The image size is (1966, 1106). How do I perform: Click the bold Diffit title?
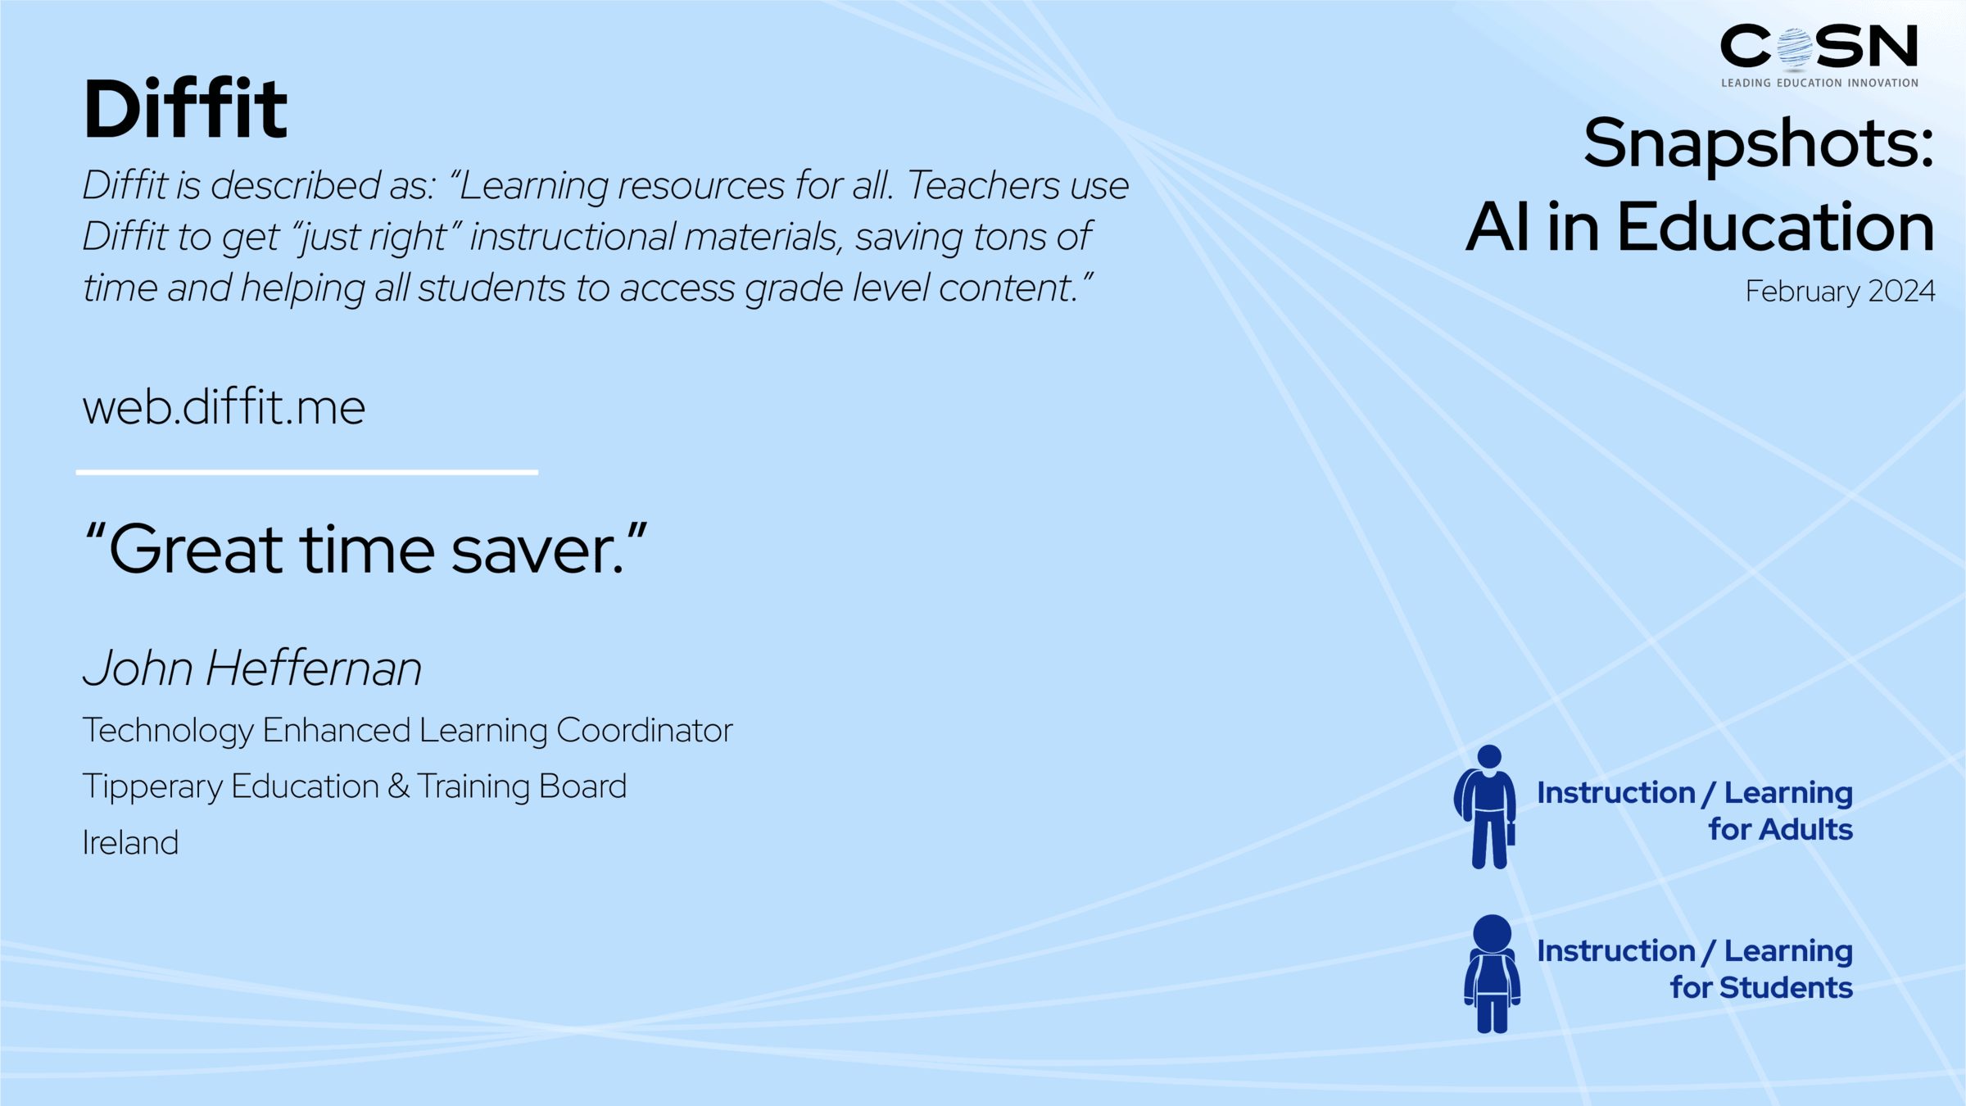coord(185,109)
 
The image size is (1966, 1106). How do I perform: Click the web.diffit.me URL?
coord(224,407)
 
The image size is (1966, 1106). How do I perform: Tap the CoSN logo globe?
coord(1795,48)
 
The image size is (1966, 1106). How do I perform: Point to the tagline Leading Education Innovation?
coord(1819,83)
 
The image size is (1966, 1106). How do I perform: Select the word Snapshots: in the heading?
coord(1758,143)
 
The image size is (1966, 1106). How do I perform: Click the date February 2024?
coord(1840,291)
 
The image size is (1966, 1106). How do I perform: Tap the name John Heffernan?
coord(252,668)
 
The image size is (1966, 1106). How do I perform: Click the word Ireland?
coord(130,842)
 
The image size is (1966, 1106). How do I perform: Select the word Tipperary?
coord(152,786)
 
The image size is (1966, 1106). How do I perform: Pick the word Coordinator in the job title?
coord(645,730)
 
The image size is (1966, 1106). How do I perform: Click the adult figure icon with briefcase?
coord(1487,807)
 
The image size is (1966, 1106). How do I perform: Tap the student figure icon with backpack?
coord(1492,974)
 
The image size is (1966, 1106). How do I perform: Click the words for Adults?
coord(1780,829)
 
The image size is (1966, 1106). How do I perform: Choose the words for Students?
coord(1761,987)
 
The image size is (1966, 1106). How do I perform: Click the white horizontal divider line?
coord(307,472)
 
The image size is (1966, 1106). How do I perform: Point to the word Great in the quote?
coord(197,550)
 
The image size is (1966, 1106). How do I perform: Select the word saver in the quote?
coord(537,550)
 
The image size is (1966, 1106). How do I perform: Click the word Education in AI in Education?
coord(1775,227)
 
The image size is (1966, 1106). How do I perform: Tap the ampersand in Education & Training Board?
coord(399,786)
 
